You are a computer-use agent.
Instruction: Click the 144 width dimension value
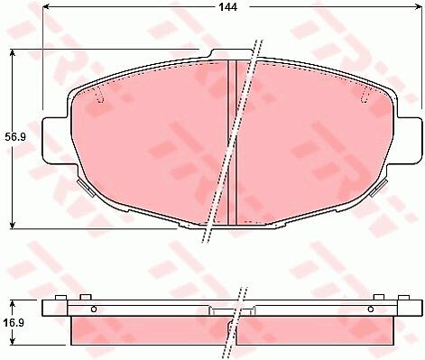pyautogui.click(x=227, y=7)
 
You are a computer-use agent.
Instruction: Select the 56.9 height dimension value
pyautogui.click(x=15, y=137)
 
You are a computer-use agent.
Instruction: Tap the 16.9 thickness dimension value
pyautogui.click(x=14, y=323)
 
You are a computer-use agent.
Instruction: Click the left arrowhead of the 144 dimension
pyautogui.click(x=46, y=6)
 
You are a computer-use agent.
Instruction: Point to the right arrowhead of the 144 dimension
pyautogui.click(x=419, y=6)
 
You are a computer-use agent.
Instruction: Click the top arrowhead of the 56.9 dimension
pyautogui.click(x=12, y=53)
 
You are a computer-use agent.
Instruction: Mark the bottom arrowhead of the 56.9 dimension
pyautogui.click(x=12, y=225)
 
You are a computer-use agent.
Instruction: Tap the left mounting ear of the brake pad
pyautogui.click(x=55, y=139)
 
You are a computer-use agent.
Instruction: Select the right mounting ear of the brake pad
pyautogui.click(x=410, y=139)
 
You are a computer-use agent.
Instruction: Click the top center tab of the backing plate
pyautogui.click(x=231, y=53)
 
